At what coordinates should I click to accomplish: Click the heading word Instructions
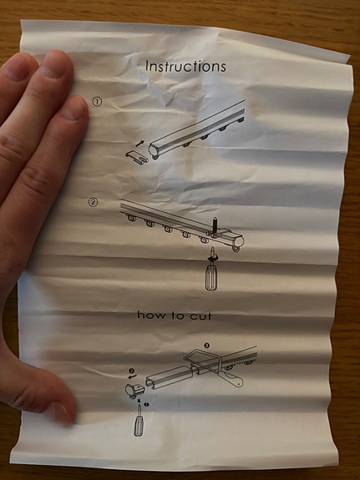(x=185, y=66)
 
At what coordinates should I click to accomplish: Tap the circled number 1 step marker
(x=97, y=102)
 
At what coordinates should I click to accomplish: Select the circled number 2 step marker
(x=94, y=202)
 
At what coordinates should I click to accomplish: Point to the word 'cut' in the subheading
(x=201, y=316)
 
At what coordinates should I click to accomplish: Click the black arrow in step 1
(x=139, y=143)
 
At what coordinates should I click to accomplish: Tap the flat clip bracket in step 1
(x=137, y=157)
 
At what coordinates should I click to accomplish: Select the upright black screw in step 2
(x=215, y=225)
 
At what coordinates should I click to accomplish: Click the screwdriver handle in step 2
(x=210, y=277)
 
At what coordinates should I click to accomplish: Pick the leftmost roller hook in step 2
(x=132, y=218)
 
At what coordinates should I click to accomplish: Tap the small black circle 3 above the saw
(x=207, y=346)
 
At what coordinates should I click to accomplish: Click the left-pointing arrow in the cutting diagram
(x=132, y=376)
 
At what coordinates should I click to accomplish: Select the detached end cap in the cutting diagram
(x=135, y=391)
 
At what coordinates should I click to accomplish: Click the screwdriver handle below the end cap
(x=139, y=426)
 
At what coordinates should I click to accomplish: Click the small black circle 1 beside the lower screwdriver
(x=146, y=404)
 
